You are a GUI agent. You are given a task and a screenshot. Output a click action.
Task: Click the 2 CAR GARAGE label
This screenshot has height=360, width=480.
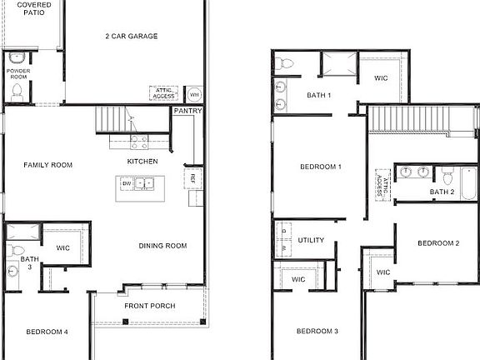(132, 36)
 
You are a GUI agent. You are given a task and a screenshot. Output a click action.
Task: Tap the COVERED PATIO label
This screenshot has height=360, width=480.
(33, 9)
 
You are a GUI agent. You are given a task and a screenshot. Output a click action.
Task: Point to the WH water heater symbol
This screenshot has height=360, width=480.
(193, 93)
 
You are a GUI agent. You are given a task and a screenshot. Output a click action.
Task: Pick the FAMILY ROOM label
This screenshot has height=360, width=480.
(47, 165)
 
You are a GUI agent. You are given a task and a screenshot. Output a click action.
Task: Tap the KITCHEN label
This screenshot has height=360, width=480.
(142, 161)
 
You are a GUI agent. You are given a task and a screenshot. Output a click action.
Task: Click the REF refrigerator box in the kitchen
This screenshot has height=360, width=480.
(192, 177)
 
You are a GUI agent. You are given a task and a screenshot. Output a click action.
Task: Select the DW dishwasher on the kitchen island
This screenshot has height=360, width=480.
(127, 182)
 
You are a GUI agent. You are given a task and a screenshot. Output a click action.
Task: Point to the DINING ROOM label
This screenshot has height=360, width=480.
(162, 246)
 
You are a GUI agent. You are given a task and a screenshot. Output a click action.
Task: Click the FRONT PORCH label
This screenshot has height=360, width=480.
(149, 306)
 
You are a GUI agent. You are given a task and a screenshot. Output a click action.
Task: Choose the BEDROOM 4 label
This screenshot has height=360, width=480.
(47, 332)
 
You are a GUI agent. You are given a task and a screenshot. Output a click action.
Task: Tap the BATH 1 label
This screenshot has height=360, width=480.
(318, 95)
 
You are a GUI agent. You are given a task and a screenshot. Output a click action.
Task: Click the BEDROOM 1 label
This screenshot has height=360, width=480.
(321, 167)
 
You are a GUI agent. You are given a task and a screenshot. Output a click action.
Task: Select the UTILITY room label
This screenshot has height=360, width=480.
(311, 240)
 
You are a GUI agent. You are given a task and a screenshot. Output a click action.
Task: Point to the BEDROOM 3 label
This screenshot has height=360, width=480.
(317, 332)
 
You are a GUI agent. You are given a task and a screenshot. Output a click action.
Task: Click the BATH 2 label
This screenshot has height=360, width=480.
(442, 192)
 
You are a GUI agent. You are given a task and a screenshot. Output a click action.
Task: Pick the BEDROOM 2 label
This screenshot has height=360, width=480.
(438, 243)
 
